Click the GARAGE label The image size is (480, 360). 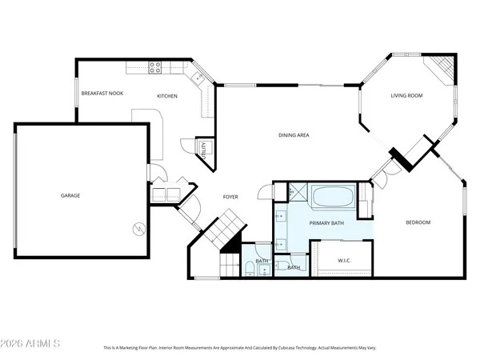(x=71, y=195)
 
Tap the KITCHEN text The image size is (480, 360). (x=166, y=97)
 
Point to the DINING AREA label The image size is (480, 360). (x=294, y=135)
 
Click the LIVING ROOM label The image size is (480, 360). (x=406, y=96)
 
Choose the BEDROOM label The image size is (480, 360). (x=418, y=222)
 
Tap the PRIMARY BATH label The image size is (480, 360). (x=326, y=224)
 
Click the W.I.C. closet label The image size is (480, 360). (x=345, y=259)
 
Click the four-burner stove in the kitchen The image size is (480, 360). (x=155, y=68)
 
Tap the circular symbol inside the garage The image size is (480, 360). (x=138, y=229)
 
